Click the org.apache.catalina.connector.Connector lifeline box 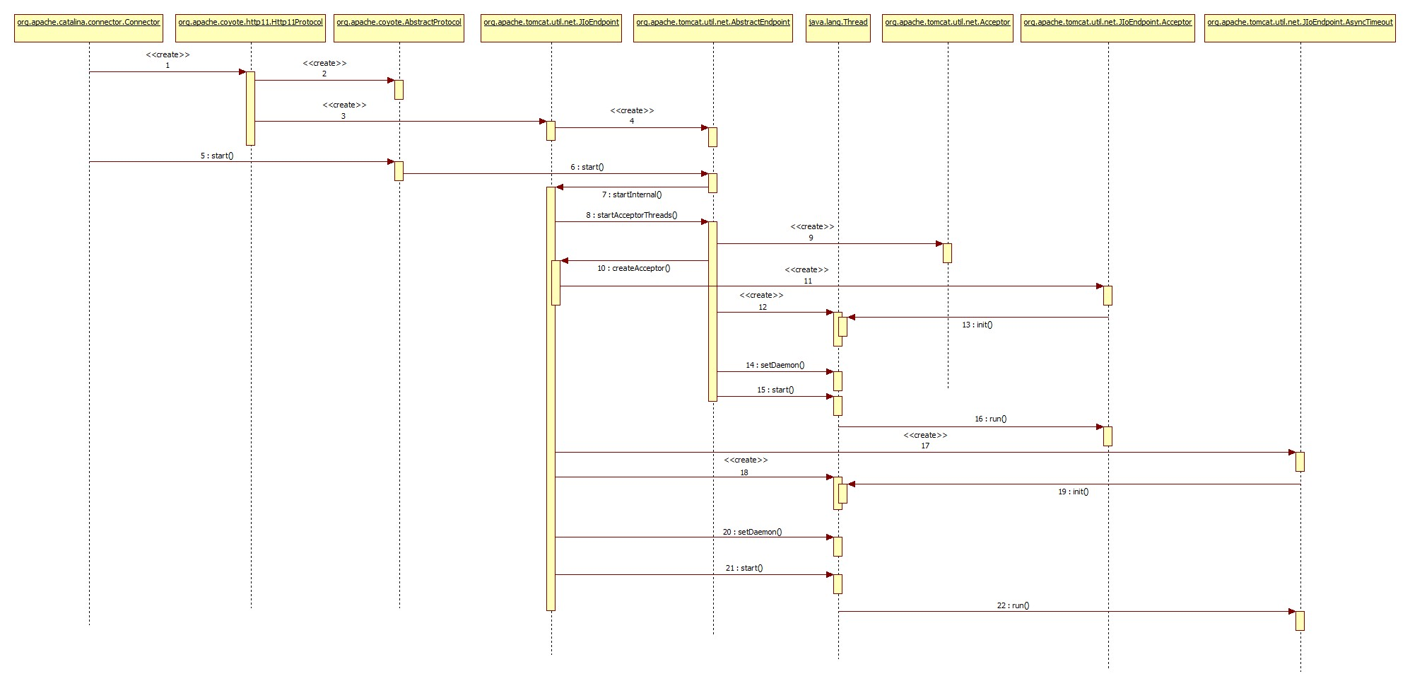coord(88,28)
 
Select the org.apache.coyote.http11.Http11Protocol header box coord(250,28)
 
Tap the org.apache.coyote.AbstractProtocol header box coord(399,28)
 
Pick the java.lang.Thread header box coord(838,28)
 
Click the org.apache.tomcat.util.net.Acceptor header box coord(947,28)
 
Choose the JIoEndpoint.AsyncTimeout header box coord(1300,28)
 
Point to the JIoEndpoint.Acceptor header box coord(1108,28)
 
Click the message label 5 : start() coord(217,156)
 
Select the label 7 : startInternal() coord(632,194)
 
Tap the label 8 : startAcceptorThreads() coord(631,215)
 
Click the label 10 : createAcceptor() coord(633,268)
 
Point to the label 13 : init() coord(977,325)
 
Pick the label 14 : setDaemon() coord(775,365)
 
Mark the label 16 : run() coord(990,419)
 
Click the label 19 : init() coord(1073,492)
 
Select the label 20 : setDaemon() coord(752,532)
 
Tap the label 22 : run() coord(1013,605)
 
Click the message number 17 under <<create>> coord(925,446)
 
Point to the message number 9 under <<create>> coord(811,238)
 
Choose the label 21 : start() coord(744,568)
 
